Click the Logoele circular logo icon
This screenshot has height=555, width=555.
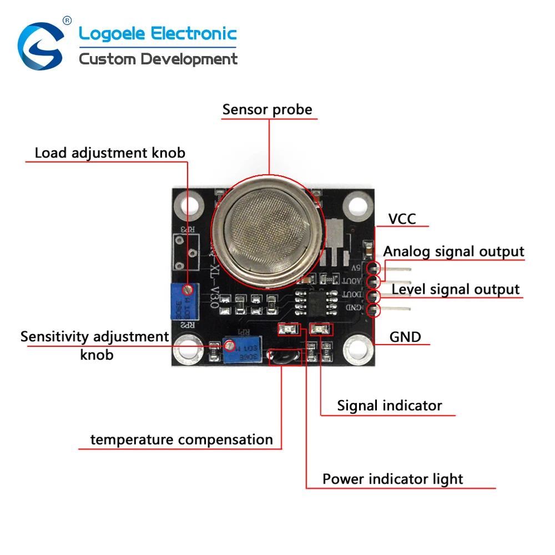coord(41,47)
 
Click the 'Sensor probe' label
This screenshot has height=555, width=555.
coord(267,109)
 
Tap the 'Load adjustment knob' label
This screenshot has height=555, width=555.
coord(110,153)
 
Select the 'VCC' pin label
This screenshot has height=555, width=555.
coord(402,219)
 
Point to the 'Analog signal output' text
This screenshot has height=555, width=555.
coord(453,251)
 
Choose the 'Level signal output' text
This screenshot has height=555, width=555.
coord(456,289)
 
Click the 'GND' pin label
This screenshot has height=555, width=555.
coord(405,336)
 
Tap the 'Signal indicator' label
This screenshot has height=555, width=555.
coord(390,406)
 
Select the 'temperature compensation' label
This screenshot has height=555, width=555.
coord(181,440)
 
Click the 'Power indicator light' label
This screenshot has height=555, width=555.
coord(392,479)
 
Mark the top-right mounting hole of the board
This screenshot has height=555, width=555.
coord(354,206)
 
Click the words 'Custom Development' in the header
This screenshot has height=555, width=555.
coord(158,59)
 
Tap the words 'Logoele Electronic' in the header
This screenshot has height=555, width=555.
coord(158,34)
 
